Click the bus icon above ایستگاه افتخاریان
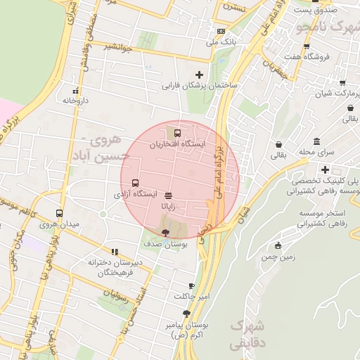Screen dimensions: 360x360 [177, 131]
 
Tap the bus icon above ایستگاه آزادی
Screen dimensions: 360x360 [136, 183]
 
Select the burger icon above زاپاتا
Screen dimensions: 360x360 [168, 195]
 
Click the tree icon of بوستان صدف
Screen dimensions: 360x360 [165, 231]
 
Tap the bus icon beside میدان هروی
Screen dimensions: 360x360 [59, 212]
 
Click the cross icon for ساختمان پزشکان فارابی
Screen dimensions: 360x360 [200, 74]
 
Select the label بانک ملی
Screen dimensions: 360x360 [219, 42]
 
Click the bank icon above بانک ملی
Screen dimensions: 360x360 [221, 31]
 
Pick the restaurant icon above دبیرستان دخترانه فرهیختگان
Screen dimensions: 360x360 [115, 252]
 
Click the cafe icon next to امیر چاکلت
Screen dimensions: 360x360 [191, 285]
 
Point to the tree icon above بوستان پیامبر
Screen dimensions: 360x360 [186, 314]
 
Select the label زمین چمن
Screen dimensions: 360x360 [278, 257]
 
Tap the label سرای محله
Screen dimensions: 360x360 [316, 152]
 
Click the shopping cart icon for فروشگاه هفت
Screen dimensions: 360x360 [307, 44]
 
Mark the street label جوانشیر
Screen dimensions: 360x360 [117, 46]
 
